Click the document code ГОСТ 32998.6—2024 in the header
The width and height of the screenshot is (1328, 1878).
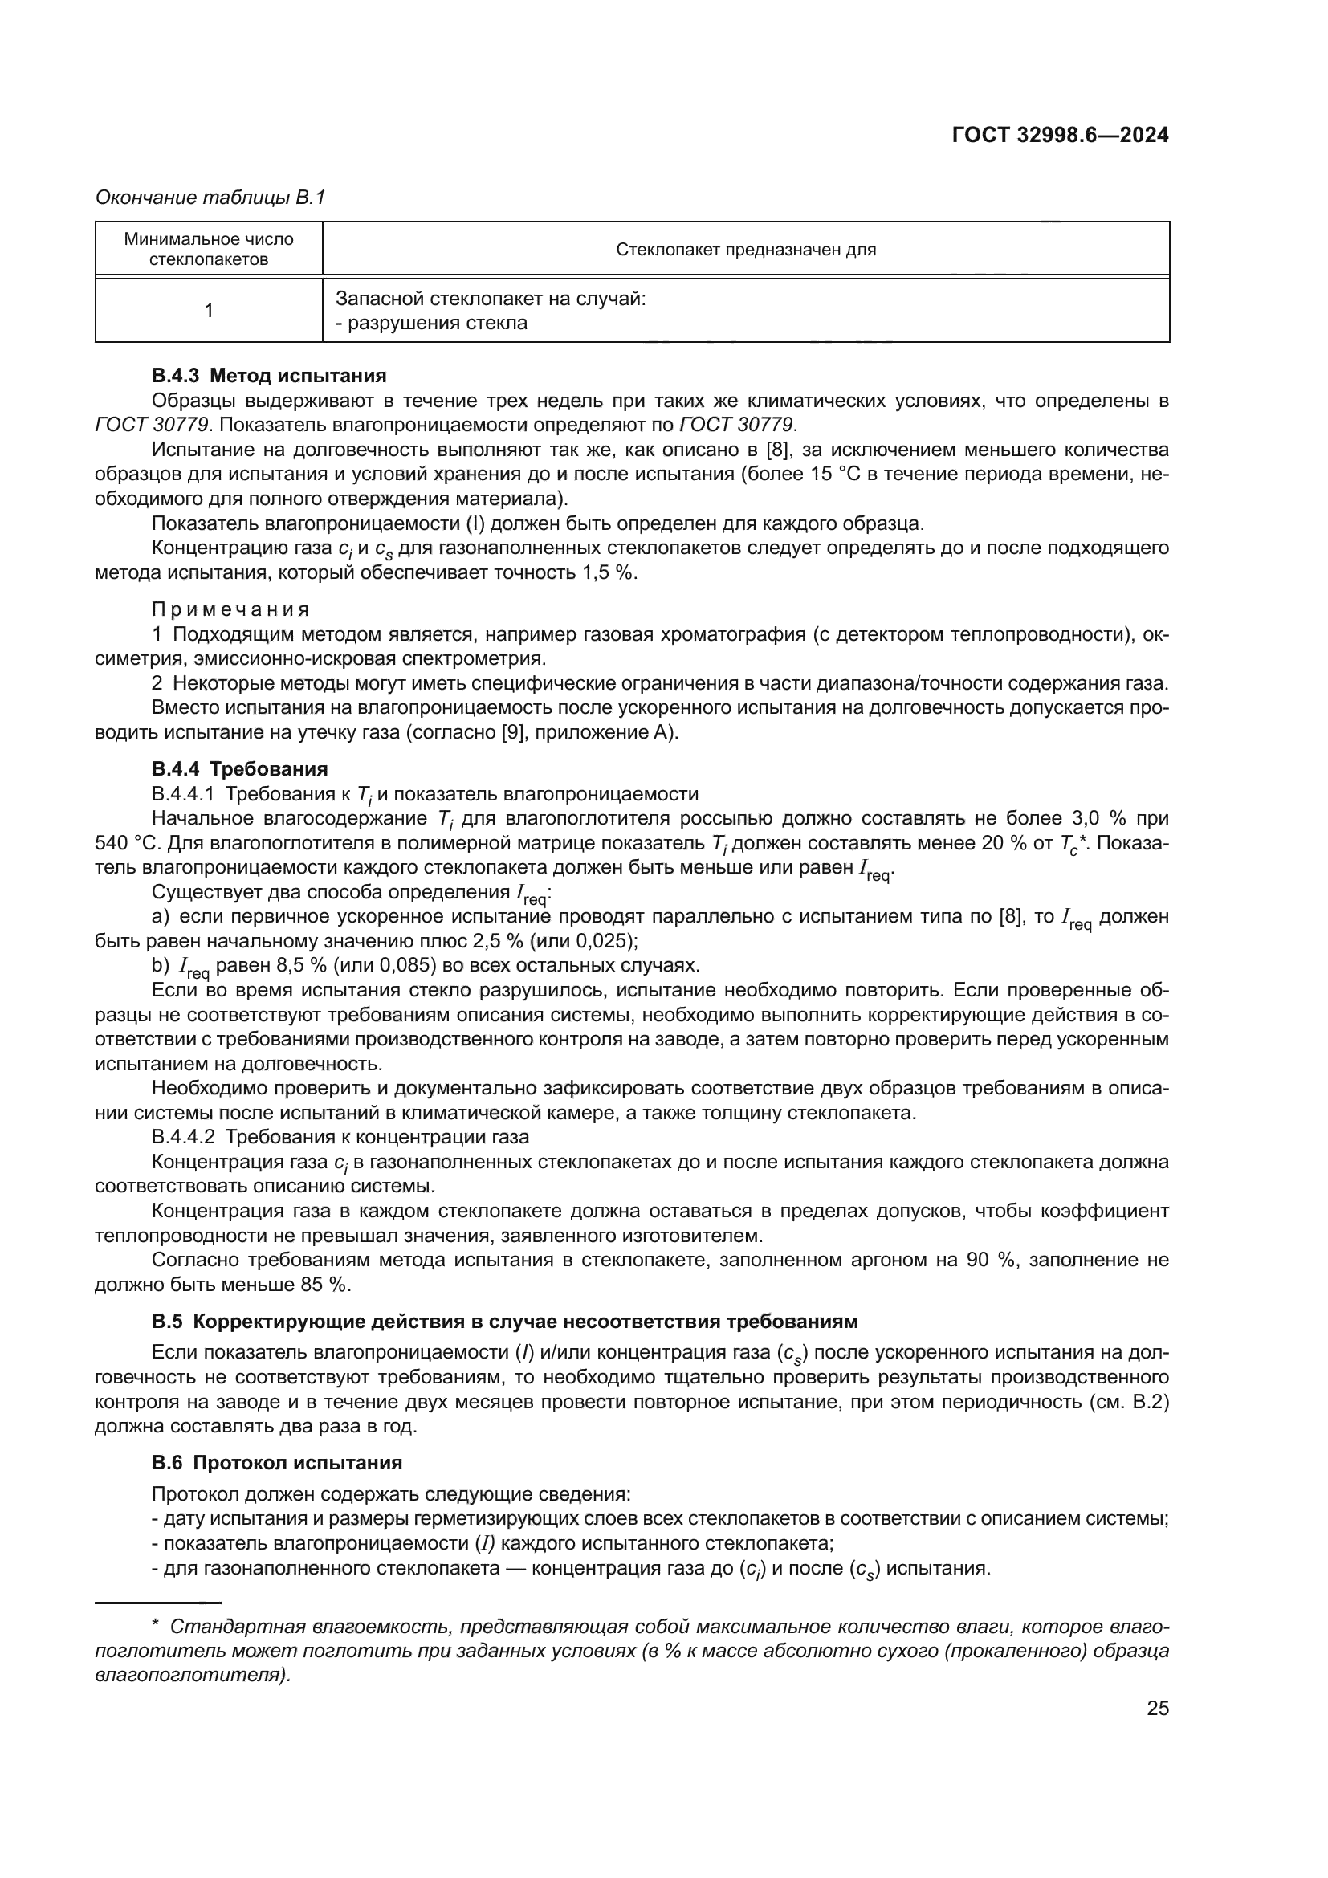pyautogui.click(x=1060, y=136)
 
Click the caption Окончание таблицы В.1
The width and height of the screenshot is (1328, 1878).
pyautogui.click(x=210, y=198)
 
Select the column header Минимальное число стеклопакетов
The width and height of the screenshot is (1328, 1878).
pyautogui.click(x=209, y=250)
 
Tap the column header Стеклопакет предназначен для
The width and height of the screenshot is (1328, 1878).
pyautogui.click(x=745, y=250)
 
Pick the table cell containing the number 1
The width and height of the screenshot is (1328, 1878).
pyautogui.click(x=209, y=311)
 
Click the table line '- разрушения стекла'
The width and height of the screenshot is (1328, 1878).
pyautogui.click(x=431, y=323)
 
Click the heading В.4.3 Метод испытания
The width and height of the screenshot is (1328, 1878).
pyautogui.click(x=268, y=377)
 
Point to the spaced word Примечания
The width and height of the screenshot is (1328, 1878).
pyautogui.click(x=230, y=609)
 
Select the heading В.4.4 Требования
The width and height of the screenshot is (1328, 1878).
pyautogui.click(x=239, y=769)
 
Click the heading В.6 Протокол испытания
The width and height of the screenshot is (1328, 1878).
pyautogui.click(x=276, y=1462)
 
